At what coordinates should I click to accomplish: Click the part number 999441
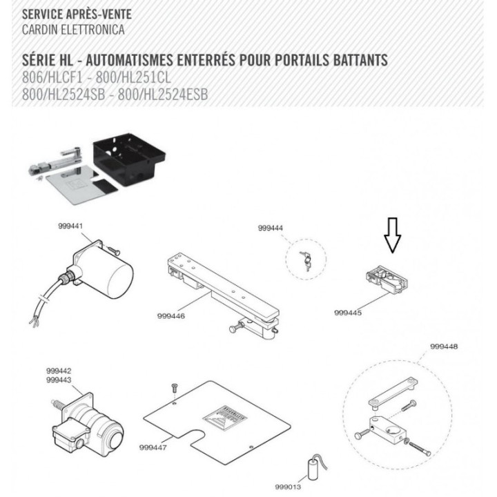(x=70, y=226)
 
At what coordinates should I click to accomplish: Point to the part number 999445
(x=349, y=312)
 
